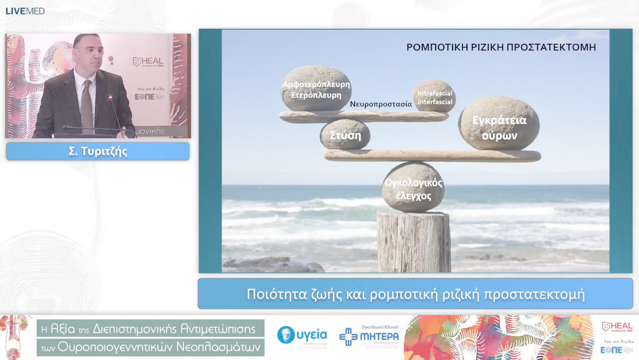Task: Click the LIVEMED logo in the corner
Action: (25, 11)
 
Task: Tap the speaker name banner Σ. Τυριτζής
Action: (98, 152)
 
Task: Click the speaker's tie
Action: (86, 107)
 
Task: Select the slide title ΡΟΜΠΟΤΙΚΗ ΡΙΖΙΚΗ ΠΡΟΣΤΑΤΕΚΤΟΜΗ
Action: (501, 47)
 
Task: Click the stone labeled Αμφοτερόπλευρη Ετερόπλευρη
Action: (316, 89)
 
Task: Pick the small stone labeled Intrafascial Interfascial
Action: (435, 97)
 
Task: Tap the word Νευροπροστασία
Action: (380, 104)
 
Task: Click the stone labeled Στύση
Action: (345, 134)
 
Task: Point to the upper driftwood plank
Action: (364, 117)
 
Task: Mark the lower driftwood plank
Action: (432, 156)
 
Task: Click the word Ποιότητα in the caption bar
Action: (273, 294)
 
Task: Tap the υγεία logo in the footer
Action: (302, 336)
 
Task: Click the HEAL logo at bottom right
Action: (617, 327)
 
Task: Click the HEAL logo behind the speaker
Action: (149, 62)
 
